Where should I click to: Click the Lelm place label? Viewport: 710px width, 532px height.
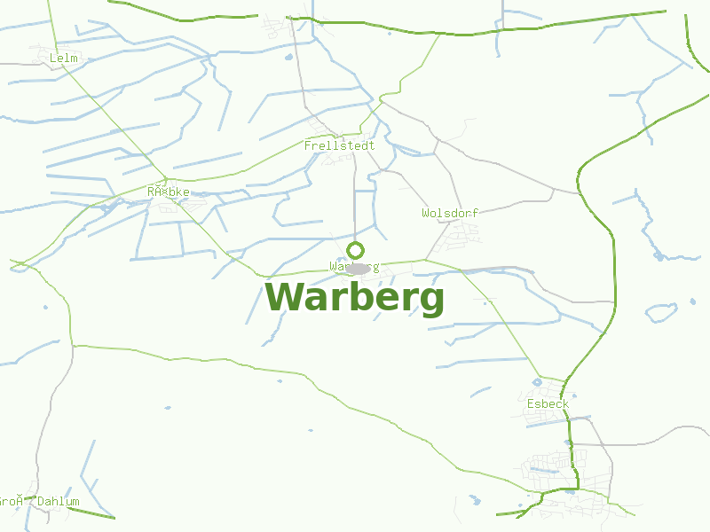(x=65, y=59)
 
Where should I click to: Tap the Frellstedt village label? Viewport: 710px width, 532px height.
(x=339, y=145)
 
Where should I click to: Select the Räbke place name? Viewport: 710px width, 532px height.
(x=169, y=192)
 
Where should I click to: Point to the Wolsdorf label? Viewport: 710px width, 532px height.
(x=450, y=214)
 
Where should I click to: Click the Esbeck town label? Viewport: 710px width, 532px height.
(x=548, y=404)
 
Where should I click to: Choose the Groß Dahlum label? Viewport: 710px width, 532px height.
(x=39, y=502)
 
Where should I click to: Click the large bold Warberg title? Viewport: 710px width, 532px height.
(x=355, y=298)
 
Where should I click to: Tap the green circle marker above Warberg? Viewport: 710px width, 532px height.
(x=356, y=250)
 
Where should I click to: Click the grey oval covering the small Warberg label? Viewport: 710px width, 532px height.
(x=357, y=268)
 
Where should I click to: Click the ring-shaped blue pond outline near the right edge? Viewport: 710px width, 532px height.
(x=661, y=312)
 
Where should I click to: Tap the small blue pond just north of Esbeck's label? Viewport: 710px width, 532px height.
(x=537, y=382)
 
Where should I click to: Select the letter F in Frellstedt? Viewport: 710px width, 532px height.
(x=308, y=145)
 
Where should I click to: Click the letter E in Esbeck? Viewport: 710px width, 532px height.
(x=530, y=404)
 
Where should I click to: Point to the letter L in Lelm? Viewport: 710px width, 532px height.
(x=54, y=59)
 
